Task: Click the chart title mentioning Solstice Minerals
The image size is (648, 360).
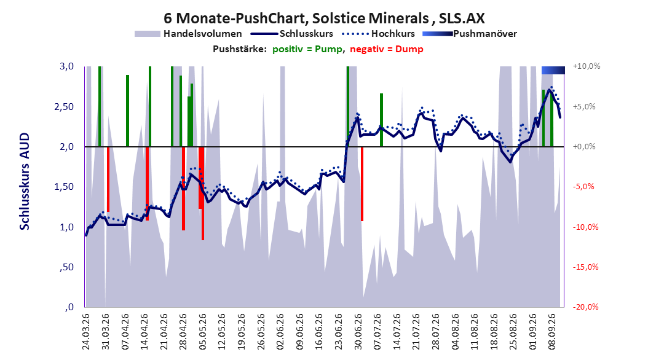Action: point(324,18)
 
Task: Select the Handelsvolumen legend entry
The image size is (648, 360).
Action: point(188,34)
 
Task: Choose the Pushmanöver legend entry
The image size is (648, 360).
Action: point(470,34)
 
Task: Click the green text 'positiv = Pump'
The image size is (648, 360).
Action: point(307,49)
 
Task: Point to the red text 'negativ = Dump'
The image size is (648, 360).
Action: point(387,49)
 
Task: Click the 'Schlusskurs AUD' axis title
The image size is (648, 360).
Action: point(25,181)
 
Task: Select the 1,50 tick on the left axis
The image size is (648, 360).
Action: point(64,187)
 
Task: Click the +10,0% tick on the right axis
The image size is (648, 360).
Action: point(587,66)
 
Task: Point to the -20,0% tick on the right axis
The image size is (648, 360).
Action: point(585,307)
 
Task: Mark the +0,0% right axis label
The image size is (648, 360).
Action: point(584,147)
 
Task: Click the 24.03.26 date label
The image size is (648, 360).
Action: point(86,332)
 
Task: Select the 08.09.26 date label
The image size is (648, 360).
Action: point(551,332)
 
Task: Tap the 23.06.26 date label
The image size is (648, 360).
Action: point(339,332)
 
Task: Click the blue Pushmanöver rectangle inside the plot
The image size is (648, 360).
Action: point(553,70)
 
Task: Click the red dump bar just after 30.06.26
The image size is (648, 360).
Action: point(362,184)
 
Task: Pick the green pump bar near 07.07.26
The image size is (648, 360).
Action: point(381,120)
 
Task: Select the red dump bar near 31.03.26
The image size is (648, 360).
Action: point(108,179)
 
